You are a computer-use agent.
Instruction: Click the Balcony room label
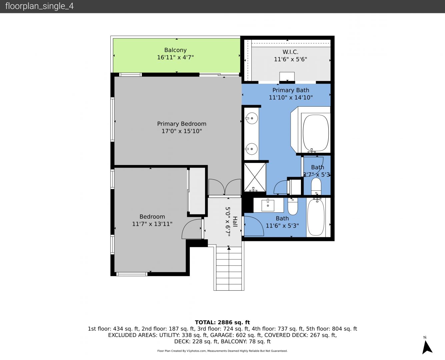175,50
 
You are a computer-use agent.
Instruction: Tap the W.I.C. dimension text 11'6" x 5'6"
290,59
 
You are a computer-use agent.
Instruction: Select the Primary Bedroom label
182,124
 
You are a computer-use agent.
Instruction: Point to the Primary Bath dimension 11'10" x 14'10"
291,98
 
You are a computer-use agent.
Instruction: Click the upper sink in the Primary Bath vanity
252,118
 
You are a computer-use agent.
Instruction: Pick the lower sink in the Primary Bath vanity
251,149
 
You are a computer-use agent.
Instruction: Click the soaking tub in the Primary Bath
316,133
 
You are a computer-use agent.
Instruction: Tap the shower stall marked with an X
255,177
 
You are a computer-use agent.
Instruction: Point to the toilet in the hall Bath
292,206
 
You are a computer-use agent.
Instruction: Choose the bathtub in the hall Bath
316,217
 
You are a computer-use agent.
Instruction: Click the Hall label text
235,222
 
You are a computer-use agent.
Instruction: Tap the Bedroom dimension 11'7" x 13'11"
152,224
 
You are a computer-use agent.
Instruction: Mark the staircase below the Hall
229,268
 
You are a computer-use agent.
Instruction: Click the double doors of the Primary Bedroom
225,187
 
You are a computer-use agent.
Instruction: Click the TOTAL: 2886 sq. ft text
222,322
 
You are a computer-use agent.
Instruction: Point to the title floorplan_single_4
39,6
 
